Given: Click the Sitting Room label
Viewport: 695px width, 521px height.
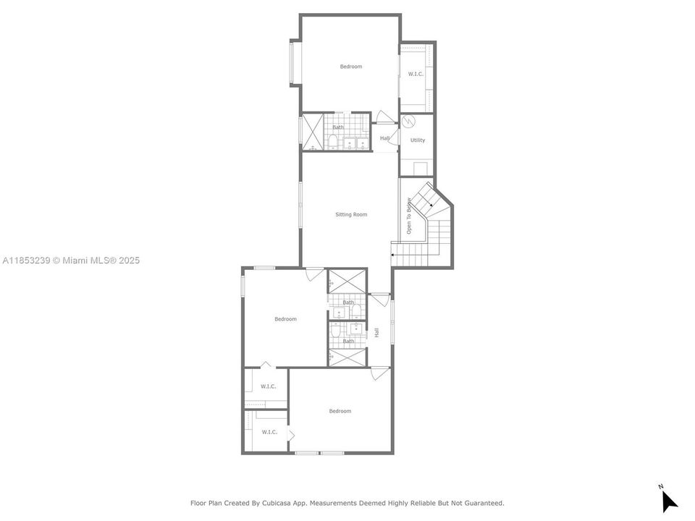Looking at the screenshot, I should (x=351, y=214).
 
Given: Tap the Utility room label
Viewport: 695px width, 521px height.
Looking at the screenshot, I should (x=418, y=140).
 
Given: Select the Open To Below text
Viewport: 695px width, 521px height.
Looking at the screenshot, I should (x=409, y=216).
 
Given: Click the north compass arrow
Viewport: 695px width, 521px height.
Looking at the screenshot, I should (x=669, y=500).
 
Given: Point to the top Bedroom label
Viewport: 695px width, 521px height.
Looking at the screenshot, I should (x=351, y=67).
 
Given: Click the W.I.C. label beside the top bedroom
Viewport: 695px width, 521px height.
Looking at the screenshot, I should (x=416, y=74).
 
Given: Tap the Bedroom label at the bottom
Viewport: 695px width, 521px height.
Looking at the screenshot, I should (x=340, y=411).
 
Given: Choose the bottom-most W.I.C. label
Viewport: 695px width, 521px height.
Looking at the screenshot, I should (x=269, y=432).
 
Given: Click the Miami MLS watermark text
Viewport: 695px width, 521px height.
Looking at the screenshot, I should (x=72, y=260).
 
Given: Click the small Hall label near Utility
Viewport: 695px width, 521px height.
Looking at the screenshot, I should (x=384, y=138).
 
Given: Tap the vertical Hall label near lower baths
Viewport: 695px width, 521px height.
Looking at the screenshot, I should (x=376, y=333).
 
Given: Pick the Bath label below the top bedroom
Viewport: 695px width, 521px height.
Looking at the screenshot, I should (x=338, y=127).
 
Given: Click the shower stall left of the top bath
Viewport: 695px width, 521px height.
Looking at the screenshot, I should (x=313, y=132).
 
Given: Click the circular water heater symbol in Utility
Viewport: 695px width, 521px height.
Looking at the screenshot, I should (x=408, y=121).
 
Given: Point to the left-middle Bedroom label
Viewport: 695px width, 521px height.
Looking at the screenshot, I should (x=285, y=319).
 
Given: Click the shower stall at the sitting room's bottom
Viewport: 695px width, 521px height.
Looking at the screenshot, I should (x=347, y=279).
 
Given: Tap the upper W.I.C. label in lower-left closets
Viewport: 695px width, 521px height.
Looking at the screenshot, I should (x=269, y=386).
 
